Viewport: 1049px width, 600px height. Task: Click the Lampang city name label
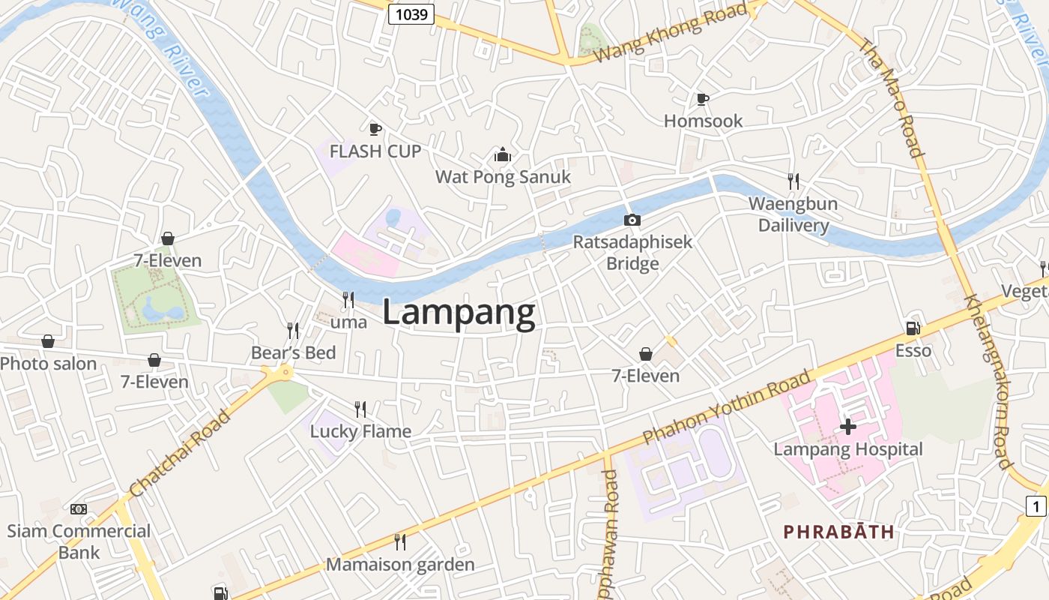[459, 313]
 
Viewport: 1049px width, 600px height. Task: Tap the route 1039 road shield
[411, 13]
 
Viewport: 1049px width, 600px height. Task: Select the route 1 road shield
[1036, 506]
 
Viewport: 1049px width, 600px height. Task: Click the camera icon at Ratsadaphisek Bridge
[632, 220]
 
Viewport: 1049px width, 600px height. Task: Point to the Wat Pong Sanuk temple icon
[502, 155]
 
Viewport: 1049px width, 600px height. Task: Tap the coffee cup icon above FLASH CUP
[375, 129]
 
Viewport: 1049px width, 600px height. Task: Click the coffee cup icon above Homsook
[702, 99]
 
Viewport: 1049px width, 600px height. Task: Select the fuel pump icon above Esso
[913, 328]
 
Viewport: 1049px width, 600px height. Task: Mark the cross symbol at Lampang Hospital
[848, 427]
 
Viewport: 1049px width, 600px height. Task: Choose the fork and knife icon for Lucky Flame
[360, 409]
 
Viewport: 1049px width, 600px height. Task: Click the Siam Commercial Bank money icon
[79, 509]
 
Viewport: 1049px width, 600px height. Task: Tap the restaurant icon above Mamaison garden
[400, 541]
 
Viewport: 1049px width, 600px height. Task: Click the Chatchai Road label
[180, 452]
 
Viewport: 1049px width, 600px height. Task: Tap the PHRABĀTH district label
[838, 532]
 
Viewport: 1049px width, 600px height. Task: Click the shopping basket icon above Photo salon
[48, 342]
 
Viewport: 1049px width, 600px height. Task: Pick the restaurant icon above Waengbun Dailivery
[793, 181]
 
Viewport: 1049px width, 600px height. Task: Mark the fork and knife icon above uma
[348, 300]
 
